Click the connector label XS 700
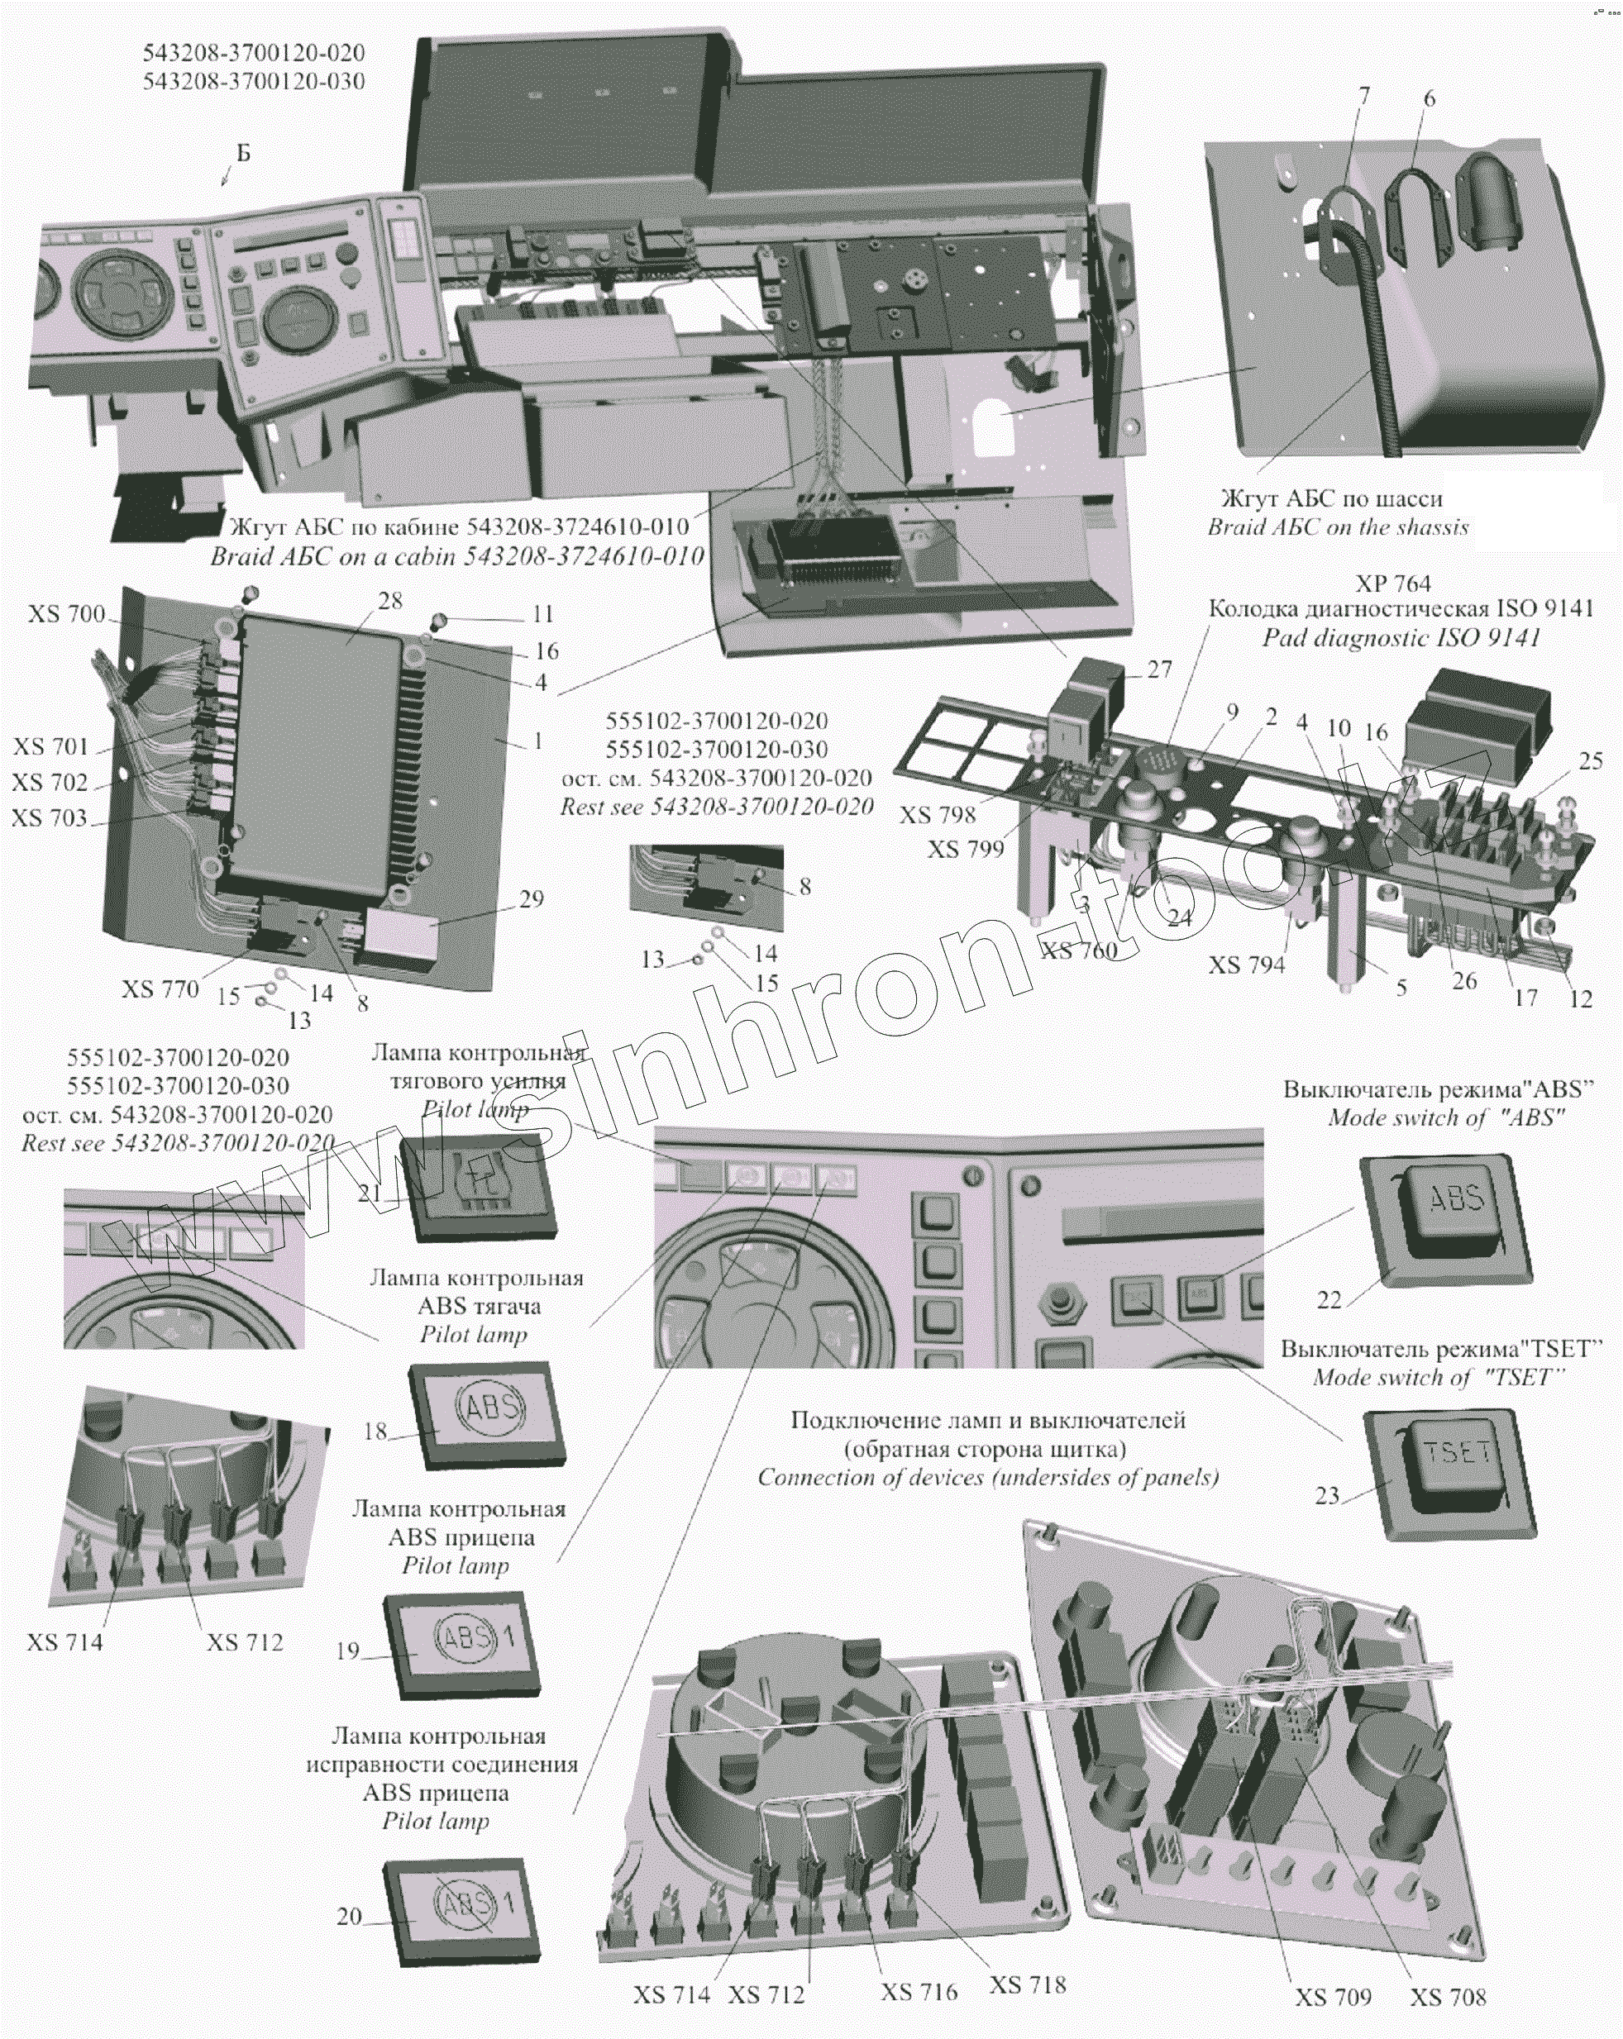[66, 615]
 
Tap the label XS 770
[160, 989]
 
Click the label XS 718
[1027, 1984]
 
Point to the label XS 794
[1247, 965]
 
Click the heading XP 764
[1392, 584]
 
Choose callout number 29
[532, 898]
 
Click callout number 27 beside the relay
[1159, 669]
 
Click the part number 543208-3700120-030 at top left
[254, 81]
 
